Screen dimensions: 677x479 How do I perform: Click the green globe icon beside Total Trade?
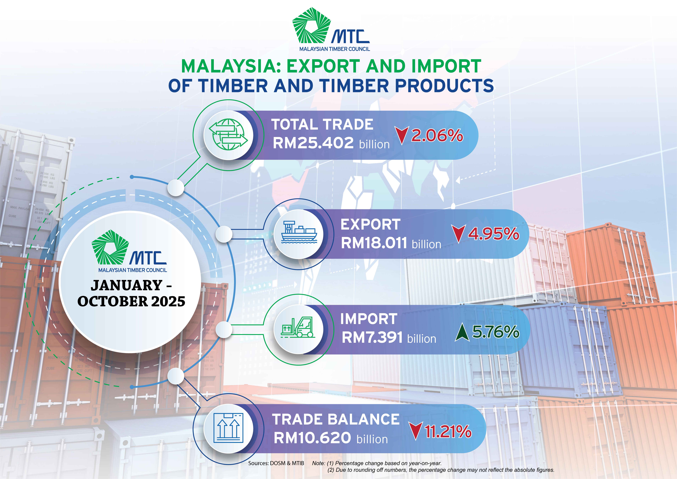[228, 135]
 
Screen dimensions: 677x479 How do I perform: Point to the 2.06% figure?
[437, 135]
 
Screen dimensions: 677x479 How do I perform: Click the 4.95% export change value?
[494, 234]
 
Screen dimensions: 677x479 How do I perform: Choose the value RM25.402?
[313, 143]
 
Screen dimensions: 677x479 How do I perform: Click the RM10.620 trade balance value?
[312, 438]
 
